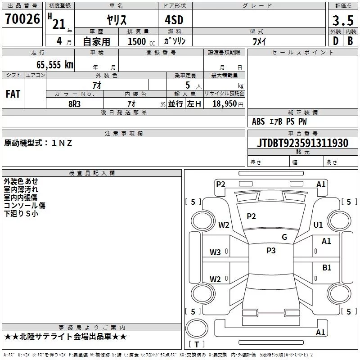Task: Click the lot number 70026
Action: pos(22,19)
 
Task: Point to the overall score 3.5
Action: pos(342,20)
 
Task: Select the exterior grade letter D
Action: pos(335,41)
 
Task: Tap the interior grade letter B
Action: pos(351,41)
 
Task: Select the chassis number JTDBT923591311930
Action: pos(303,143)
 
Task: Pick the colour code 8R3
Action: pos(75,103)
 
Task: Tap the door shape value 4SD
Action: pos(175,21)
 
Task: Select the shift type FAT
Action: pos(13,94)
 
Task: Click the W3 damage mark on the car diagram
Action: pos(215,252)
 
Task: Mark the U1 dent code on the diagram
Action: pos(318,225)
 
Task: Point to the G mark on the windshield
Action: pos(284,237)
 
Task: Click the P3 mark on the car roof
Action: pos(271,251)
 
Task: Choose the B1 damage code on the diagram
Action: pos(327,268)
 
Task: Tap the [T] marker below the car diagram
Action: pos(197,344)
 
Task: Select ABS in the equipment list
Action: pos(258,121)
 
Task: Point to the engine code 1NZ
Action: pos(62,143)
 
